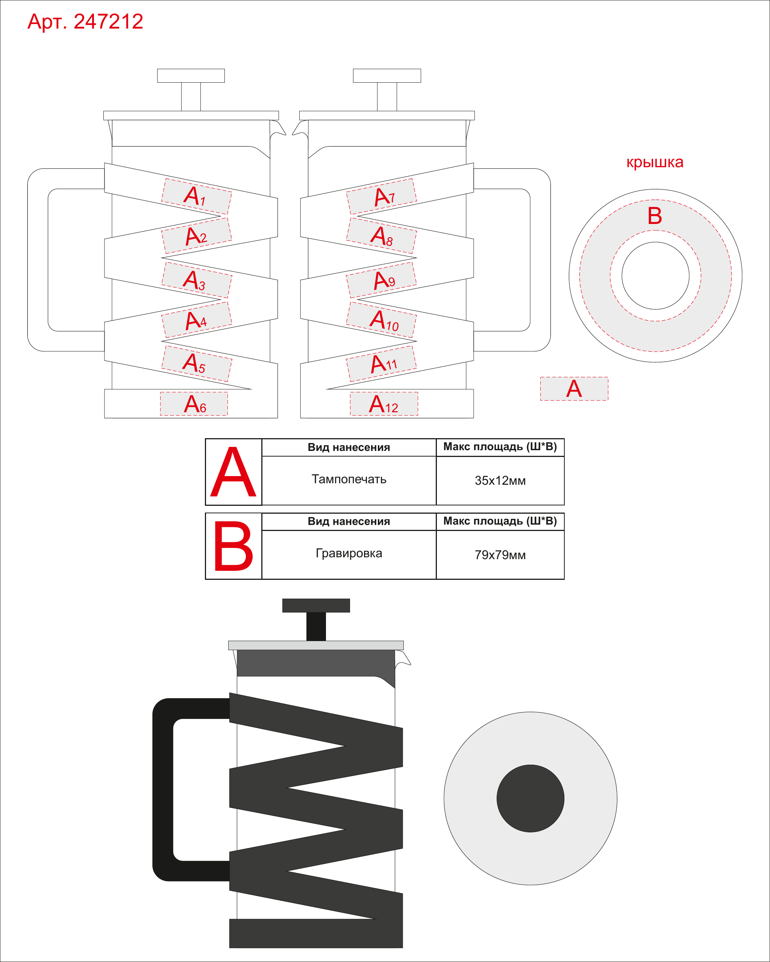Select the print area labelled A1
click(x=196, y=196)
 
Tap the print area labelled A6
click(x=194, y=404)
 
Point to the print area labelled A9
click(x=382, y=280)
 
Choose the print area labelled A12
click(x=384, y=404)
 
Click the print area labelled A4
click(x=196, y=320)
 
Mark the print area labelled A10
click(x=382, y=320)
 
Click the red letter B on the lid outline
click(x=655, y=216)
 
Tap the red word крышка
click(x=655, y=162)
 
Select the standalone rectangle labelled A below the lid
click(x=574, y=389)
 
